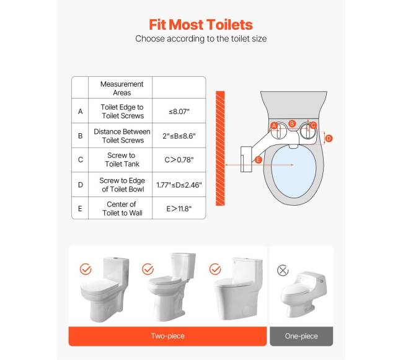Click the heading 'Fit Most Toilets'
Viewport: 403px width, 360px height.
tap(201, 25)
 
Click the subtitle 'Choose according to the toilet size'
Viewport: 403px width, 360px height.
tap(201, 39)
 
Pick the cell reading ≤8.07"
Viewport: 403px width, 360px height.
tap(179, 111)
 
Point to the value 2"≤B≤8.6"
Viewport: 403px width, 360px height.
tap(179, 136)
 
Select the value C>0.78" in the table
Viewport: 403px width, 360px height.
tap(179, 160)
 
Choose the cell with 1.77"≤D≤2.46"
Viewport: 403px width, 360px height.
tap(179, 185)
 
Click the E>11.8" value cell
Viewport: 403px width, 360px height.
tap(179, 208)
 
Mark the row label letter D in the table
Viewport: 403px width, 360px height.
tap(80, 185)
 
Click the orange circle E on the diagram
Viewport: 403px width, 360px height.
tap(259, 160)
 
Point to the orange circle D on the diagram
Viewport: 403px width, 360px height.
tap(329, 139)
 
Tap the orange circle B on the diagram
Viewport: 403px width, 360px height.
tap(292, 124)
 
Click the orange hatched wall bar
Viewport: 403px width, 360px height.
tap(220, 148)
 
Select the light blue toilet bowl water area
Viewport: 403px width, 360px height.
tap(293, 171)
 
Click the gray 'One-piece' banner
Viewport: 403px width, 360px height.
tap(301, 336)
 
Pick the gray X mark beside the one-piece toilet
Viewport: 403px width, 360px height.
tap(283, 270)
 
